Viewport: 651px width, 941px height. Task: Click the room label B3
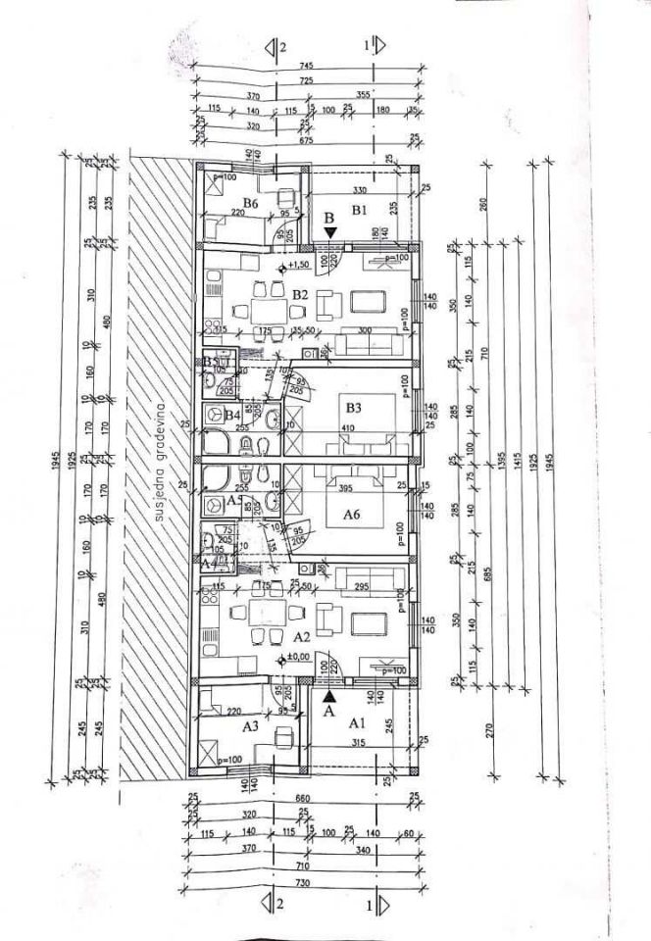coord(353,407)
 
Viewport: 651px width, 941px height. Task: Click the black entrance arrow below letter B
coord(330,231)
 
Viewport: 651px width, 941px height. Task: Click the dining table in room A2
coord(263,616)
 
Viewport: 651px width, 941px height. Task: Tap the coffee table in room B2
coord(368,299)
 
